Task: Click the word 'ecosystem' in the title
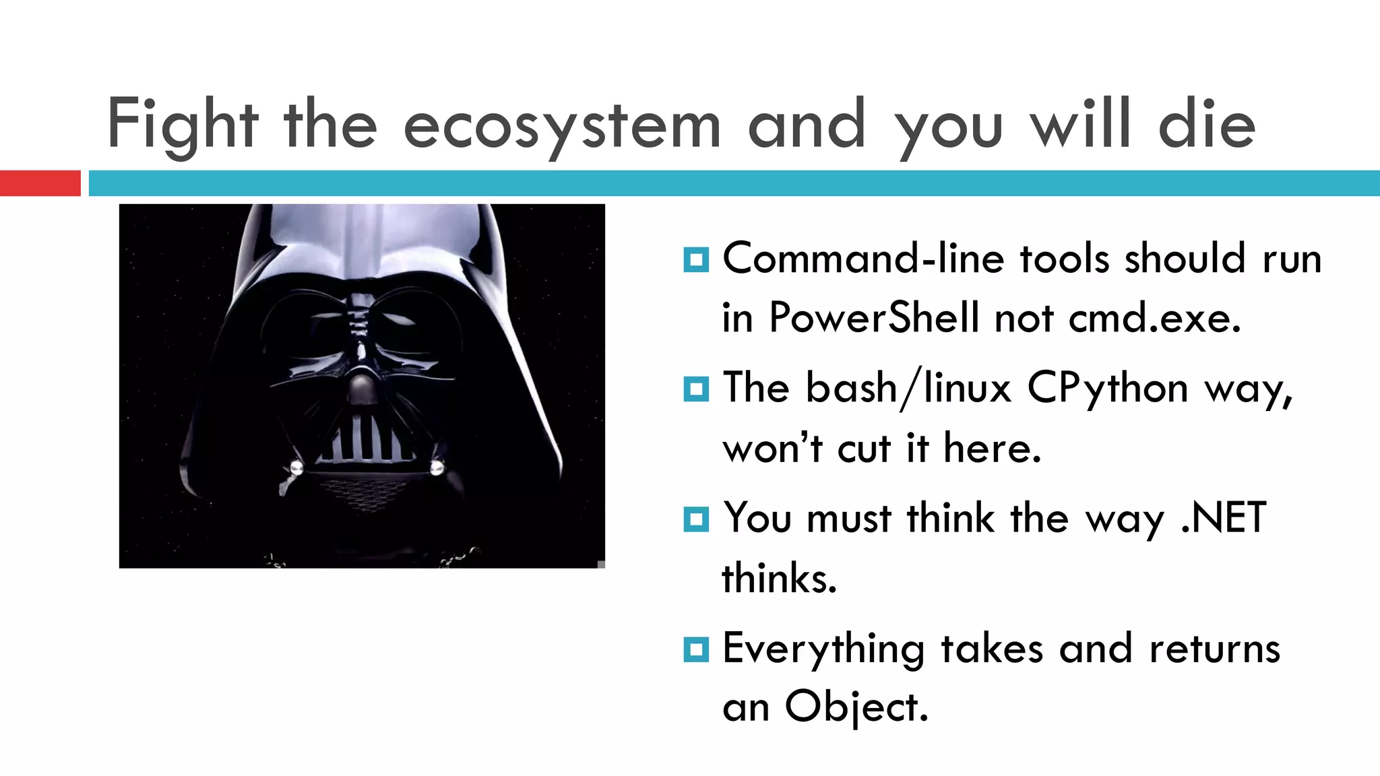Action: click(562, 126)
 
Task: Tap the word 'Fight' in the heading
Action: click(183, 125)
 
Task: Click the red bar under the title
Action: click(40, 183)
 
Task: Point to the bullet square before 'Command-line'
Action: click(695, 259)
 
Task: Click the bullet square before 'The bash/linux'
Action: click(695, 389)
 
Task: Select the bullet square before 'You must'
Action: click(695, 519)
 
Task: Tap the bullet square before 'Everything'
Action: click(695, 649)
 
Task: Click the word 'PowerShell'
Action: click(874, 317)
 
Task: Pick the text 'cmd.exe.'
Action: click(1154, 317)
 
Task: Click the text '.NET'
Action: click(1223, 518)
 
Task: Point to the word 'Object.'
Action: click(856, 707)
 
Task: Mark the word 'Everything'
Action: click(823, 649)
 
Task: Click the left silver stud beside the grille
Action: click(296, 467)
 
